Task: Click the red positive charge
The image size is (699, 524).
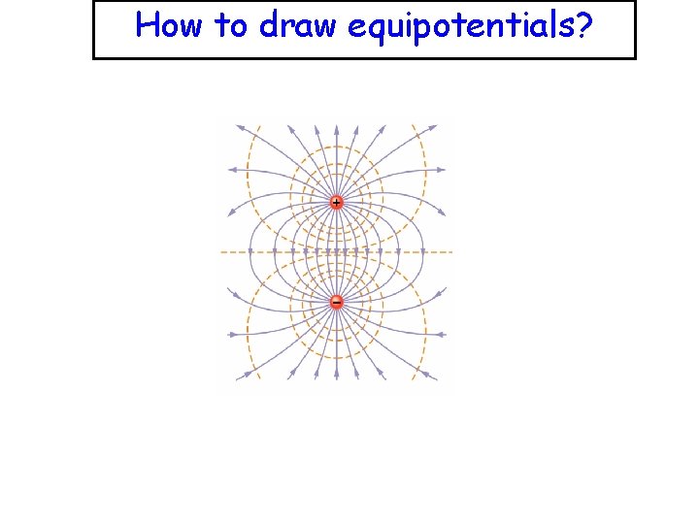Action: [336, 203]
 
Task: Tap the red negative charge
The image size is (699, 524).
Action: [336, 302]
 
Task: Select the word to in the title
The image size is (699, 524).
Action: [232, 26]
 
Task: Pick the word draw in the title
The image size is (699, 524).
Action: [295, 26]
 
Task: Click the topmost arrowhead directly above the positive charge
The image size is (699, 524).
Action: [336, 126]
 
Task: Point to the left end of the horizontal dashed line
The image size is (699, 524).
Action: [222, 252]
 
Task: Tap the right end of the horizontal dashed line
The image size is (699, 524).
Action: [451, 252]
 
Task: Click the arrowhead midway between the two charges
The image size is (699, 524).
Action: [336, 252]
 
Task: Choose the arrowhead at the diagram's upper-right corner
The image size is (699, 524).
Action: [433, 126]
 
